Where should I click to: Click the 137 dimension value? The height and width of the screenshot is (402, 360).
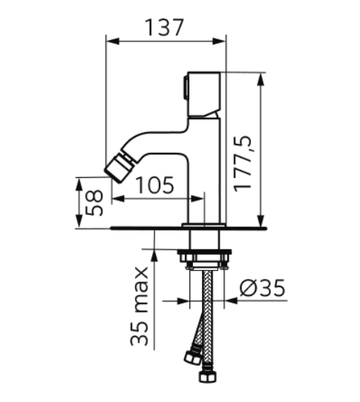pyautogui.click(x=164, y=27)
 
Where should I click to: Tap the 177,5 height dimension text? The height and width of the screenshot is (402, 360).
pyautogui.click(x=243, y=164)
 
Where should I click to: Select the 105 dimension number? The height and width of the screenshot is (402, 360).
pyautogui.click(x=154, y=185)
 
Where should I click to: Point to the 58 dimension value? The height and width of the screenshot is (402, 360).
pyautogui.click(x=94, y=202)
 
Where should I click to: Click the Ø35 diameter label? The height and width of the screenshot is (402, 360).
pyautogui.click(x=262, y=288)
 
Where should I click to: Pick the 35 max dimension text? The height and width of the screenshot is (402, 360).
pyautogui.click(x=140, y=306)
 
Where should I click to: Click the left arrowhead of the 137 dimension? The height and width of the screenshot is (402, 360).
pyautogui.click(x=113, y=41)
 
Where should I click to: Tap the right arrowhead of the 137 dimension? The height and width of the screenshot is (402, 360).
pyautogui.click(x=219, y=41)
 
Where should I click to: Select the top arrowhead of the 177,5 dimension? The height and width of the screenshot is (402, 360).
pyautogui.click(x=261, y=80)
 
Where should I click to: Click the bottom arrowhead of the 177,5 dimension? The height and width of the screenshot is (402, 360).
pyautogui.click(x=261, y=220)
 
